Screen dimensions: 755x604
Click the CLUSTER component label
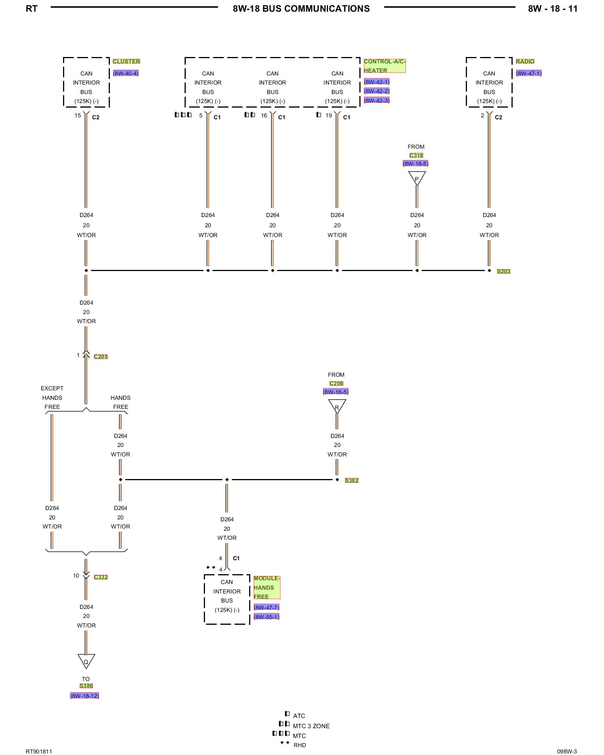coord(126,62)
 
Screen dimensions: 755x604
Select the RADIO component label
coord(525,62)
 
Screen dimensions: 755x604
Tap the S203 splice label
coord(503,271)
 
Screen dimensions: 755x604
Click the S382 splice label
coord(351,481)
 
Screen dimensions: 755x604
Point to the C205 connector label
coord(101,357)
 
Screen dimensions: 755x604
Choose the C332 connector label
coord(101,577)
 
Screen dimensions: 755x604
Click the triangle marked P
coord(417,178)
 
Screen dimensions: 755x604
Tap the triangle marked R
coord(337,407)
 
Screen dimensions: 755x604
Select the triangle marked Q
coord(86,661)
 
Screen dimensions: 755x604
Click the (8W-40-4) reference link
coord(126,74)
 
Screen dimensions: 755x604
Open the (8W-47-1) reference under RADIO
coord(528,74)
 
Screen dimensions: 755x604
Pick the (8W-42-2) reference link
coord(376,91)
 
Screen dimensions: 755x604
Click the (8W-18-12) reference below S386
coord(85,696)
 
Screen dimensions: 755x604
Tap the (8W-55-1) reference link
coord(267,617)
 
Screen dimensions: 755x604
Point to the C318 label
coord(416,156)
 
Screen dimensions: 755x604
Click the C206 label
coord(336,384)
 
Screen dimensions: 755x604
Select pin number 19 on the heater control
coord(329,116)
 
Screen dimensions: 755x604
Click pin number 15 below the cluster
coord(78,116)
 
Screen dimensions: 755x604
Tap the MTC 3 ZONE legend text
coord(311,726)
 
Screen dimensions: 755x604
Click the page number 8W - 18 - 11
coord(553,9)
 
